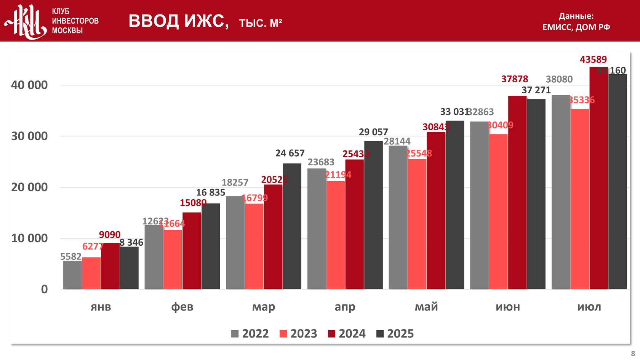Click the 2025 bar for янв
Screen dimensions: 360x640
(x=129, y=268)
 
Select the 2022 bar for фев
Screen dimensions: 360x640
(x=154, y=257)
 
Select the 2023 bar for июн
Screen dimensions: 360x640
(x=498, y=211)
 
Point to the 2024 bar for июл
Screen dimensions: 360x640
(x=599, y=178)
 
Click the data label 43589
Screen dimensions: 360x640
(x=593, y=60)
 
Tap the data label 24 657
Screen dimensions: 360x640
(x=290, y=153)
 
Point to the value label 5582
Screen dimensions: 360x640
(x=71, y=256)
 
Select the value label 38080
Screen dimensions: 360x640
(x=559, y=79)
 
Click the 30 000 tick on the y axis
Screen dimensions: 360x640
(x=29, y=136)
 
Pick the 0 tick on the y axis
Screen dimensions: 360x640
(x=45, y=289)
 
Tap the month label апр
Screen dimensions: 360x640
(x=345, y=307)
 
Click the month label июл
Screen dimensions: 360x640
(x=589, y=307)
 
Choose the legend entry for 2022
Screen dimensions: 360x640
(x=250, y=334)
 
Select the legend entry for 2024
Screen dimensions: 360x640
(x=347, y=334)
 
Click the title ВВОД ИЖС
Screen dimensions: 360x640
(x=179, y=21)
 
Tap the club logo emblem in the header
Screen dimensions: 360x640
(x=26, y=21)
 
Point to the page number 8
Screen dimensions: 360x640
(x=633, y=354)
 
